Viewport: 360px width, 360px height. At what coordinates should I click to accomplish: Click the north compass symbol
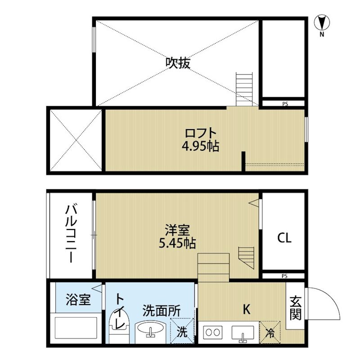322,25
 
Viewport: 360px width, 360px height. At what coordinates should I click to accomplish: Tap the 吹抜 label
178,63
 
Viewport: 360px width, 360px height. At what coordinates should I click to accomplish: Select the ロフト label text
201,134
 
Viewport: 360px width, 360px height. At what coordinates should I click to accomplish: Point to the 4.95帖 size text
201,146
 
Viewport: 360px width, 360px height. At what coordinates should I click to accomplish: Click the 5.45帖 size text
177,243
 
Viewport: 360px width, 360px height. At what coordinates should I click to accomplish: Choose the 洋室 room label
177,230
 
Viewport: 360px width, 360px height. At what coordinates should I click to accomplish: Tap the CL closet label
284,238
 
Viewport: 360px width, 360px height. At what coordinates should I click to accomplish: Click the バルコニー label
71,234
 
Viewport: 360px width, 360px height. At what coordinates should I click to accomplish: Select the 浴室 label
78,299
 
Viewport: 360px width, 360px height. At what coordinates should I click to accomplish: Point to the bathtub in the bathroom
76,328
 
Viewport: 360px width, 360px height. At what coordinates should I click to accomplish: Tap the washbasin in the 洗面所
150,330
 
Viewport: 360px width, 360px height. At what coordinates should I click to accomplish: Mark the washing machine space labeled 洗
182,331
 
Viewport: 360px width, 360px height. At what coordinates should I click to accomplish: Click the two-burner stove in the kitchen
213,332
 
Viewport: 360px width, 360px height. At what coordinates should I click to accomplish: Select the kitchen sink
243,333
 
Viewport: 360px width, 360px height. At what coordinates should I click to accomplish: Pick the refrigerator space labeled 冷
270,333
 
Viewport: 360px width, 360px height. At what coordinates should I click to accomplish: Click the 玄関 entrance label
295,308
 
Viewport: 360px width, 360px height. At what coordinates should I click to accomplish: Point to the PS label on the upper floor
285,104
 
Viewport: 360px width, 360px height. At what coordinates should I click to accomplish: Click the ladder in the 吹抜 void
244,89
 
